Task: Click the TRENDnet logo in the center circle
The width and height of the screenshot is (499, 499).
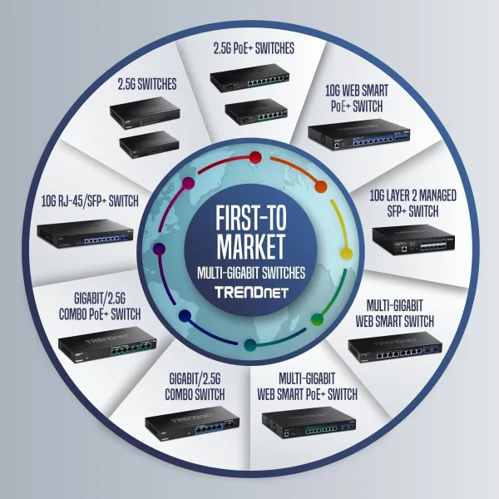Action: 251,292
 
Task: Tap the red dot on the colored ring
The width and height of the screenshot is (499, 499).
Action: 255,157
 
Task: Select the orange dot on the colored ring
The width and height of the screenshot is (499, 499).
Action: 321,187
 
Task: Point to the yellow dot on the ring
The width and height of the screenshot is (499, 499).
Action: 346,254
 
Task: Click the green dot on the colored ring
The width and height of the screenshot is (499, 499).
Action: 317,319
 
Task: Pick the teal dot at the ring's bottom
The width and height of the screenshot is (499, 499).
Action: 250,345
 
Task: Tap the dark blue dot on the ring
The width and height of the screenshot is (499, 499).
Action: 185,316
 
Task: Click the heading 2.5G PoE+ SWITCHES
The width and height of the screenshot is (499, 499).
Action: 254,49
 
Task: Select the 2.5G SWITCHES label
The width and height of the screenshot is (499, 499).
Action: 147,84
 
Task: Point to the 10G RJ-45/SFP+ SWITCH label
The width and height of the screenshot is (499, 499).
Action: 90,201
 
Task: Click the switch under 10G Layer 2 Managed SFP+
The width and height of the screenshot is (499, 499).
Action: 413,242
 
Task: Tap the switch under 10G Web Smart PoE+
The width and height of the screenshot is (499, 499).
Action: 359,134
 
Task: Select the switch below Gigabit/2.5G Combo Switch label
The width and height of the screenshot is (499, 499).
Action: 192,423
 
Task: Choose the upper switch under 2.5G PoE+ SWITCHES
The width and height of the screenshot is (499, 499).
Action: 249,78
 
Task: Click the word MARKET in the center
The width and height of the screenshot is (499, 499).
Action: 251,247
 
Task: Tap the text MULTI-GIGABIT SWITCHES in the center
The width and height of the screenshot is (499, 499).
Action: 251,273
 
